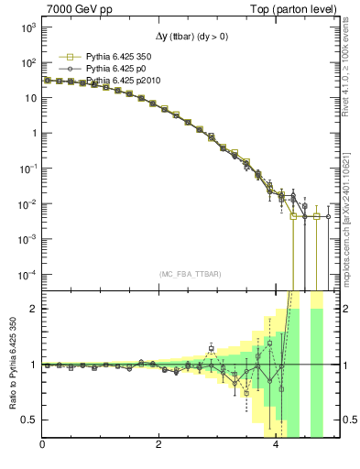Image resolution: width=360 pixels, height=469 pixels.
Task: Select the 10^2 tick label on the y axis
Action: coord(27,63)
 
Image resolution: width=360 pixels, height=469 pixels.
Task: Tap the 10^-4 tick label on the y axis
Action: coord(27,274)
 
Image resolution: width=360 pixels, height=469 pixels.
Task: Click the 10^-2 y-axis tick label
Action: coord(27,203)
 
